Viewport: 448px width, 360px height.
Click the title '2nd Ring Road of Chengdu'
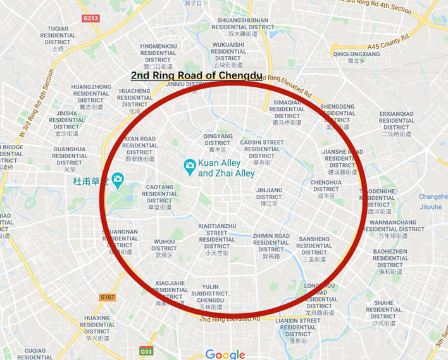click(196, 76)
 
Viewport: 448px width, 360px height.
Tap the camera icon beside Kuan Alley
click(189, 166)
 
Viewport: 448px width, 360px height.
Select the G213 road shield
click(90, 18)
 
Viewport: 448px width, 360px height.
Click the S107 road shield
click(108, 297)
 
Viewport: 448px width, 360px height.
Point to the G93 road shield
click(147, 351)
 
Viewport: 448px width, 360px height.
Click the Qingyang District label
click(217, 142)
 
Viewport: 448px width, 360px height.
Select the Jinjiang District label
click(269, 196)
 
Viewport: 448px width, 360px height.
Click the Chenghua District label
click(325, 189)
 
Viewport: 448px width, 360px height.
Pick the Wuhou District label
click(164, 247)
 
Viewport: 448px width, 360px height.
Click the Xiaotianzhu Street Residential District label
click(217, 239)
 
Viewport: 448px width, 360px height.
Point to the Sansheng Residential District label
click(314, 249)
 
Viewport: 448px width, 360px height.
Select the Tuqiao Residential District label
click(58, 38)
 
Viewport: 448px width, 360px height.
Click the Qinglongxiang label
click(356, 54)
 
